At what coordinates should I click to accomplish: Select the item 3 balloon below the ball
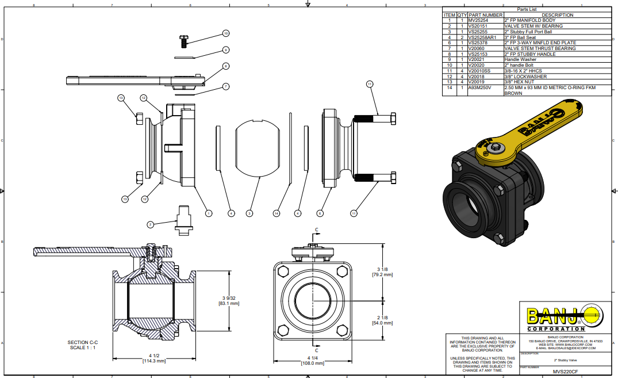pos(249,213)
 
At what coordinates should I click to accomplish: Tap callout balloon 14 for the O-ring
pos(277,213)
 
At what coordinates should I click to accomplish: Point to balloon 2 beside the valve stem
pos(150,224)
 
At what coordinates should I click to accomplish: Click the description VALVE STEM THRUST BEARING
pos(540,48)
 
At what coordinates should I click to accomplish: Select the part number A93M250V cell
pos(481,87)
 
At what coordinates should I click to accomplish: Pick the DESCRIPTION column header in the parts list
pos(557,15)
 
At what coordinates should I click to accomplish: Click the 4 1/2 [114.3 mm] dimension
pos(153,358)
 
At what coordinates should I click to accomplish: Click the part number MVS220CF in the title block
pos(565,372)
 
